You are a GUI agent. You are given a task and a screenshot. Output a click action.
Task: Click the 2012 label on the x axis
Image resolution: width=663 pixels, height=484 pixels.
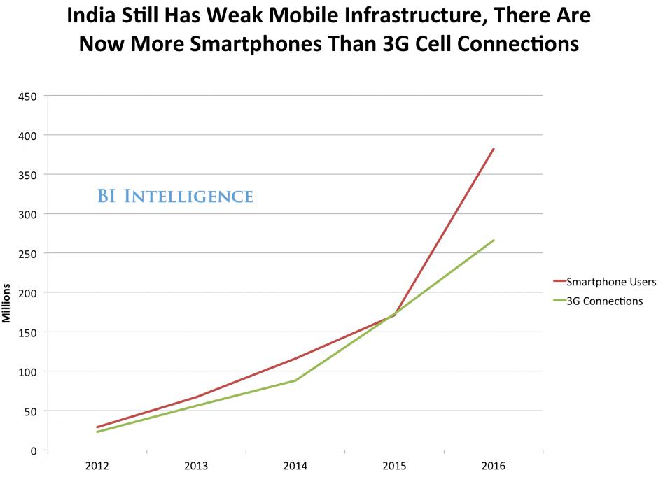(x=97, y=466)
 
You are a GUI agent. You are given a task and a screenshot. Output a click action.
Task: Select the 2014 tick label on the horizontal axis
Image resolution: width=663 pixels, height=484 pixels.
(x=295, y=466)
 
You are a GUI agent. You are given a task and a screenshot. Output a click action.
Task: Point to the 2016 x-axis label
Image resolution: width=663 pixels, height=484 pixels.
(x=494, y=466)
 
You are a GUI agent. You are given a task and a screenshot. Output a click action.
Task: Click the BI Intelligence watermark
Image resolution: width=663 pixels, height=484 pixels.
(x=174, y=196)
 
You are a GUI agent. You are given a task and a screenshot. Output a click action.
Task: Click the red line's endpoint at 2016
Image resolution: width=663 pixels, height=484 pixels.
(x=494, y=149)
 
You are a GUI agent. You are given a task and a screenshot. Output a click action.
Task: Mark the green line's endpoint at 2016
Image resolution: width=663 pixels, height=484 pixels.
(x=494, y=241)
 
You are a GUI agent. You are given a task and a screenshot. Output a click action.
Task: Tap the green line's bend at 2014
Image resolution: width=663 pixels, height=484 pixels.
(x=295, y=380)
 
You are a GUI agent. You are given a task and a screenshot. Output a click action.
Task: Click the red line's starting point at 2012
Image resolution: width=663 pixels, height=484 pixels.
(x=97, y=427)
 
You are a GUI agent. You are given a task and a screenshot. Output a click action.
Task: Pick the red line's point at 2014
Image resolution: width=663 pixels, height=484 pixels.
(x=295, y=359)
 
